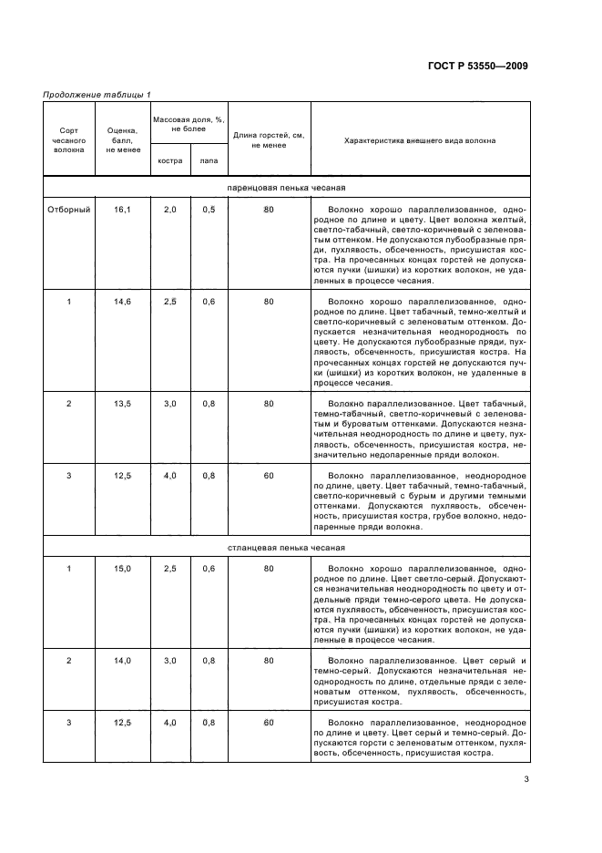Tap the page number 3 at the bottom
(x=526, y=778)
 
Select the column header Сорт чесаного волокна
(x=69, y=141)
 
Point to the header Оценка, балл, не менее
(x=121, y=140)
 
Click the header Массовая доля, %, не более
(x=189, y=125)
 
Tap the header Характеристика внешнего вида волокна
(x=420, y=140)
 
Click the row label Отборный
(x=69, y=210)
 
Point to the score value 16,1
(x=122, y=210)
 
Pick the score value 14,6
(x=122, y=301)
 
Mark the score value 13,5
(x=122, y=403)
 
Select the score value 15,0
(x=122, y=568)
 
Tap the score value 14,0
(x=122, y=659)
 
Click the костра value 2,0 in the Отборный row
(x=169, y=210)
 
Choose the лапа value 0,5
(x=209, y=210)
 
